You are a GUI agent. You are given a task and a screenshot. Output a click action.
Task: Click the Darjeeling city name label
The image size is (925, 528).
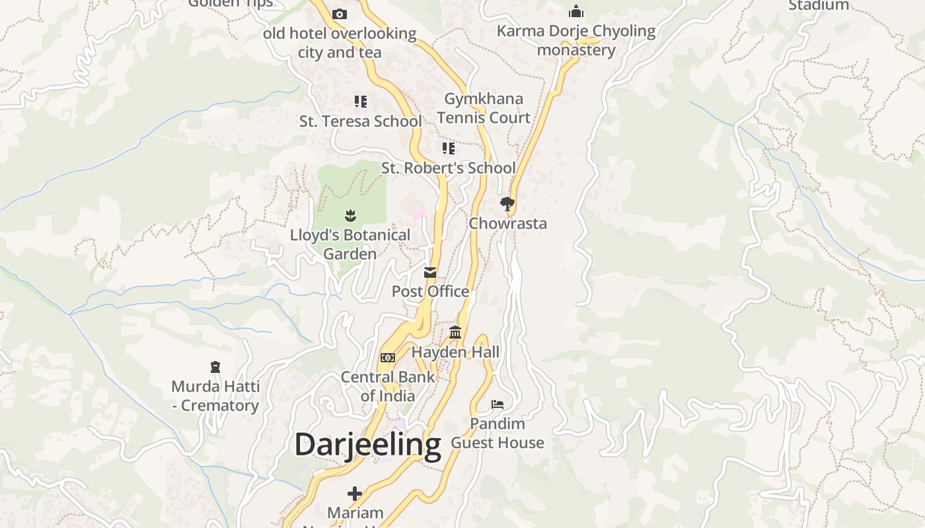[367, 445]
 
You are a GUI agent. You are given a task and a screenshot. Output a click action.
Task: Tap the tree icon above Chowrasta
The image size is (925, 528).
[507, 204]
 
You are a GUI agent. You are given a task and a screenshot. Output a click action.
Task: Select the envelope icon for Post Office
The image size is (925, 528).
[430, 273]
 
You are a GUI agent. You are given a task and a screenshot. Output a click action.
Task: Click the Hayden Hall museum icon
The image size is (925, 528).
[455, 333]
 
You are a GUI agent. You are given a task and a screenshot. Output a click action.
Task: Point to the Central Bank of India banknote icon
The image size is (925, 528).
[388, 358]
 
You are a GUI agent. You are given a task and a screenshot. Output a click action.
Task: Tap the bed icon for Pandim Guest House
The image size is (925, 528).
[498, 404]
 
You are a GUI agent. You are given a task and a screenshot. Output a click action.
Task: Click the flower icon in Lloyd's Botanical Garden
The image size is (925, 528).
[350, 215]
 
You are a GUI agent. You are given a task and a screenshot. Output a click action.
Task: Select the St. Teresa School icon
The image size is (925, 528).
[360, 102]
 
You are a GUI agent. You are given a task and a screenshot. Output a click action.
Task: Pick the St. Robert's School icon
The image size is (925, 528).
[449, 148]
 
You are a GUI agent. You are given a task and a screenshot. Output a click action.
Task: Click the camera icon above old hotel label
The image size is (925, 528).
[340, 14]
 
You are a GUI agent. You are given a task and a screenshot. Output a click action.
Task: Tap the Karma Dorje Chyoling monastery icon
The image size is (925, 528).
[576, 12]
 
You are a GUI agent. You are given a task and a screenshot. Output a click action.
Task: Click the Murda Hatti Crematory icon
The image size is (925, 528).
[215, 367]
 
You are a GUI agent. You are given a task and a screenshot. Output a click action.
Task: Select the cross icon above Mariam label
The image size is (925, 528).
[355, 493]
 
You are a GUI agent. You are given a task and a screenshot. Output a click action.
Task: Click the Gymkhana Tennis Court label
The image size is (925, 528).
[484, 108]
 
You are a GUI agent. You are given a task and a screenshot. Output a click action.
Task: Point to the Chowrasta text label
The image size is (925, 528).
[507, 224]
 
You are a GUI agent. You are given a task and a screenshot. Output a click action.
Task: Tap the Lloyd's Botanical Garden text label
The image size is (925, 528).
[350, 244]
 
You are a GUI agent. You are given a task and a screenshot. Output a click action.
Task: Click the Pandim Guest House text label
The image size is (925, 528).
[498, 433]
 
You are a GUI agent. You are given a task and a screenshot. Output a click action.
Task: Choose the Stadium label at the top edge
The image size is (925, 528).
[819, 5]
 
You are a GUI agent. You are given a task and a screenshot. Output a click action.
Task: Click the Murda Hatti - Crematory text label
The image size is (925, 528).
[215, 396]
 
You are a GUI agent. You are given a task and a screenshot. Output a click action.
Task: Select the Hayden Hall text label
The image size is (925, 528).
[455, 352]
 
